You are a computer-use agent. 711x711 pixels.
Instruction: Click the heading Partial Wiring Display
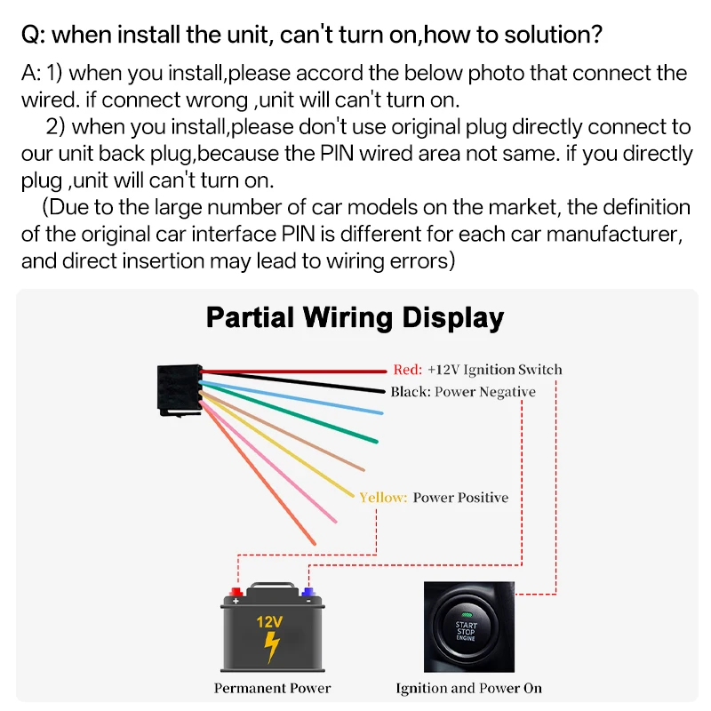click(355, 317)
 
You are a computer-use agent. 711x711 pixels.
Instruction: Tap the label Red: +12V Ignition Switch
click(477, 370)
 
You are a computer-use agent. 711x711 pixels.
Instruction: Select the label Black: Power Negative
click(462, 392)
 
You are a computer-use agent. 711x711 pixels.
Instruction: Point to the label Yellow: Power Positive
click(434, 498)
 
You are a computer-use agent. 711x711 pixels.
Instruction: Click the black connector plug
click(179, 389)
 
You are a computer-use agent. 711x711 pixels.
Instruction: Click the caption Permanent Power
click(272, 688)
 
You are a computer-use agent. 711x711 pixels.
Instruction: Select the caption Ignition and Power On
click(468, 688)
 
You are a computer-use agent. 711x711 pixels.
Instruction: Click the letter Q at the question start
click(30, 36)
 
